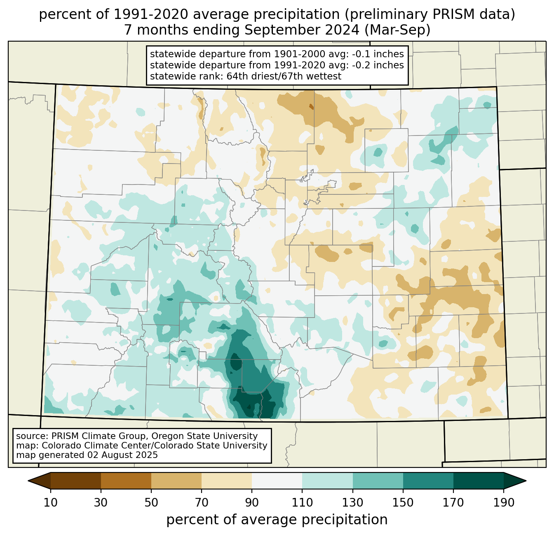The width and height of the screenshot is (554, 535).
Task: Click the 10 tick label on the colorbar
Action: click(x=51, y=503)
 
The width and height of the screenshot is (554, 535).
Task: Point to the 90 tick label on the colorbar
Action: click(x=252, y=503)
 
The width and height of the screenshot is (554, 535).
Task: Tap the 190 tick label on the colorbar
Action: click(x=503, y=503)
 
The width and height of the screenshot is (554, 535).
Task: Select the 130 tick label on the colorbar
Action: click(x=353, y=503)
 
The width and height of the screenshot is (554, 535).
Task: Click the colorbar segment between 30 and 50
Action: click(x=126, y=480)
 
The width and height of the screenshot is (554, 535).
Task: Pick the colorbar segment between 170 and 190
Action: click(x=478, y=480)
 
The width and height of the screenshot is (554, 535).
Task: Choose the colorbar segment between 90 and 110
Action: click(x=277, y=480)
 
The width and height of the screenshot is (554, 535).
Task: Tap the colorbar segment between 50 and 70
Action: click(x=176, y=480)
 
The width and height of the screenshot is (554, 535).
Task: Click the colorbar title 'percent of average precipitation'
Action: click(x=277, y=520)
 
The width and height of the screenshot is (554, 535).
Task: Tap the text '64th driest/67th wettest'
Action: click(x=284, y=76)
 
